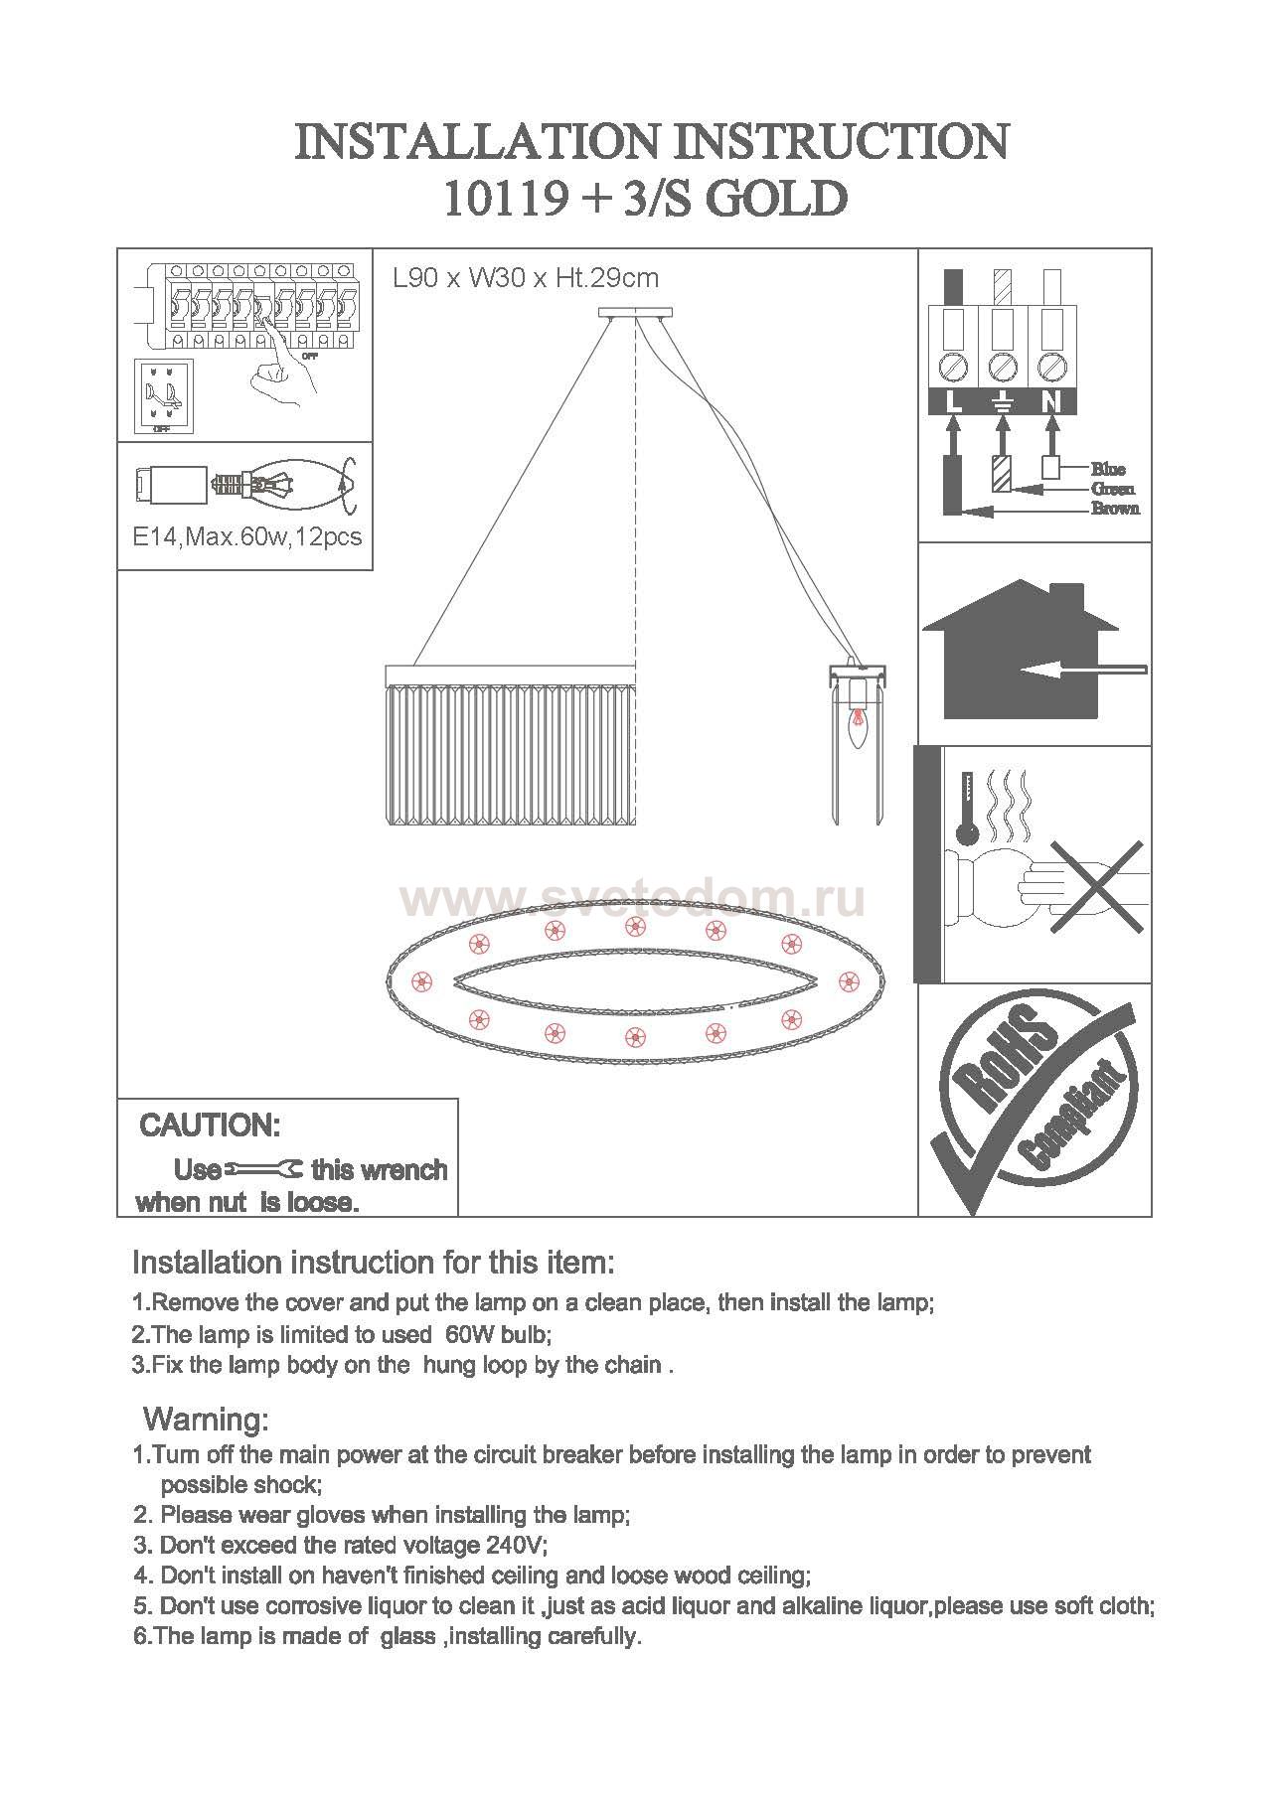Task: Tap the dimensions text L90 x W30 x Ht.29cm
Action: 526,278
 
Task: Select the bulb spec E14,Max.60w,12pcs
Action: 247,538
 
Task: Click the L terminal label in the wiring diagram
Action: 953,403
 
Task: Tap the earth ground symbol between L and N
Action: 1003,403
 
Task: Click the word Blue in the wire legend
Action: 1108,469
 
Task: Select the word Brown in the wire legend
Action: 1115,509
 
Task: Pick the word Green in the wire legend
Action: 1113,489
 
